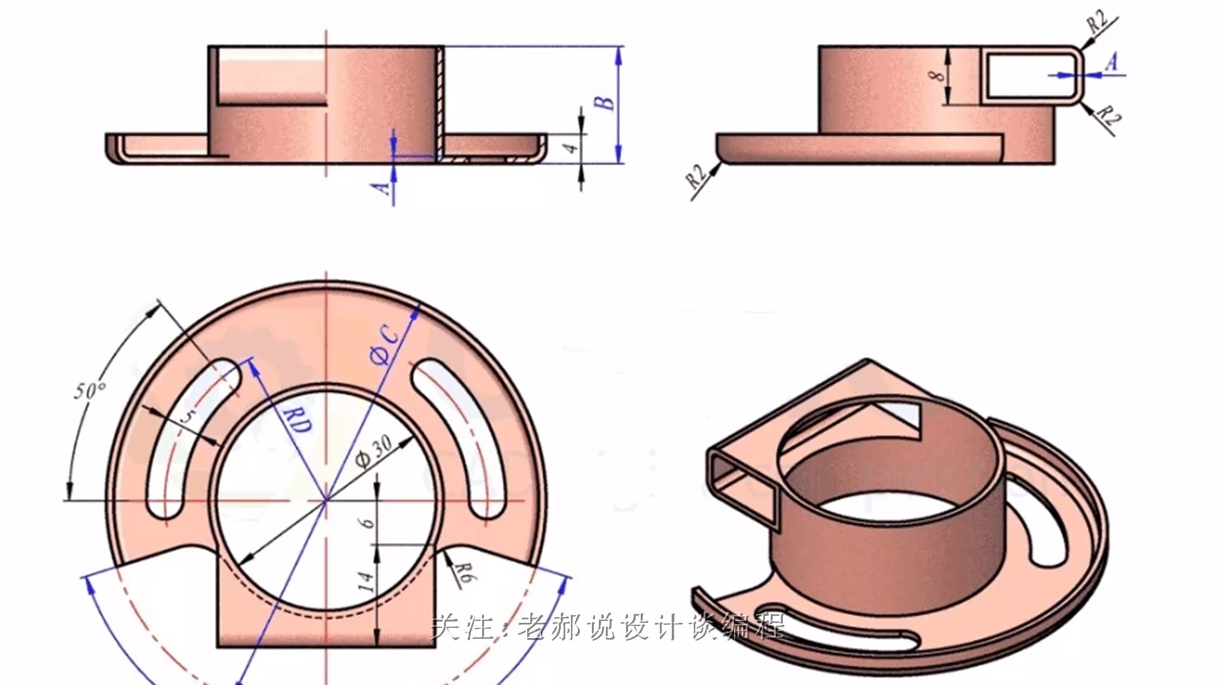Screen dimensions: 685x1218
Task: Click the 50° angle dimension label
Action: click(x=90, y=390)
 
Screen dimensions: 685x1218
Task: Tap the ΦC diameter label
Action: click(x=386, y=346)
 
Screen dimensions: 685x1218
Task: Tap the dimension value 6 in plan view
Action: click(x=366, y=523)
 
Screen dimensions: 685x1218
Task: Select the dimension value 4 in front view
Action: click(x=572, y=148)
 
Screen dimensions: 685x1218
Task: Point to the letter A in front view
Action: click(x=381, y=188)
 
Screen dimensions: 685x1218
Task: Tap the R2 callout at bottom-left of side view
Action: click(x=697, y=176)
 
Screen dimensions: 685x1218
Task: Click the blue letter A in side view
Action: click(x=1111, y=62)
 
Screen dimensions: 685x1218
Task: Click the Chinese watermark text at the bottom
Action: click(x=608, y=628)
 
